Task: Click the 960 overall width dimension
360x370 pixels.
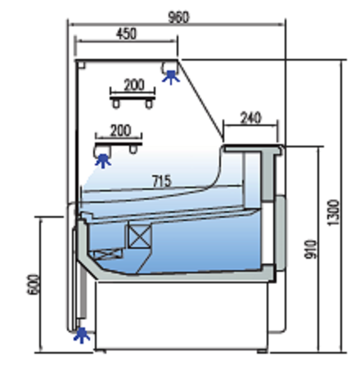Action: [x=178, y=17]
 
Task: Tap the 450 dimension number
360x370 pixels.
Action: [x=126, y=34]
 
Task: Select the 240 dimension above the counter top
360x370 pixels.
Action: [x=251, y=118]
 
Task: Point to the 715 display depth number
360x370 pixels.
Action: [x=162, y=181]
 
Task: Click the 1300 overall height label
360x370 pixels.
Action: [x=333, y=213]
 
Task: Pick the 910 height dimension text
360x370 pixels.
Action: [x=311, y=249]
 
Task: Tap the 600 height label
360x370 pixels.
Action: [x=34, y=284]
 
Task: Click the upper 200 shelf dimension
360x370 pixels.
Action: [x=134, y=85]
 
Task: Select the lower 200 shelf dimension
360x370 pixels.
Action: [x=120, y=130]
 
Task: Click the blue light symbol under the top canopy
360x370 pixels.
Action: [x=171, y=77]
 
